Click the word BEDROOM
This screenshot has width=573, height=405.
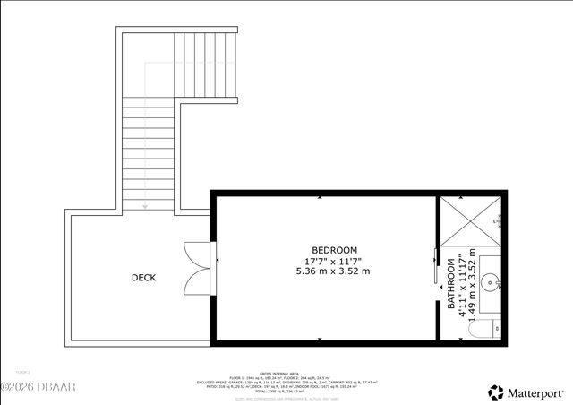pyautogui.click(x=334, y=250)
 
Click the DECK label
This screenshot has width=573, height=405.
pyautogui.click(x=143, y=278)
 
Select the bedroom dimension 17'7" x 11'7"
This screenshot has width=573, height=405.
pyautogui.click(x=334, y=260)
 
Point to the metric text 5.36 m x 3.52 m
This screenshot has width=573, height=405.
pyautogui.click(x=334, y=271)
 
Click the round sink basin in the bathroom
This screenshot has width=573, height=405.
pyautogui.click(x=491, y=284)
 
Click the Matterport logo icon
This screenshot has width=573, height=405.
pyautogui.click(x=495, y=392)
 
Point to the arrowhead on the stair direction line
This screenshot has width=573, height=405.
pyautogui.click(x=145, y=206)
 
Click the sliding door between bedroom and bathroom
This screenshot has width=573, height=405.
pyautogui.click(x=437, y=269)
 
